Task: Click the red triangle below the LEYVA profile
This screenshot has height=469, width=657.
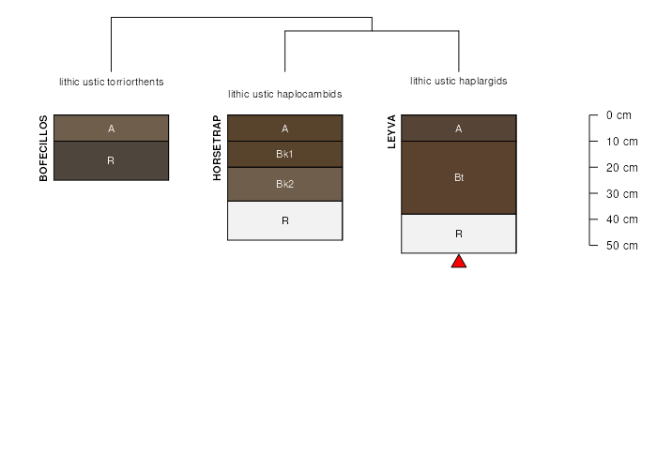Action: tap(459, 262)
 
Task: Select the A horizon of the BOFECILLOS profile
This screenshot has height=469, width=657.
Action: tap(111, 129)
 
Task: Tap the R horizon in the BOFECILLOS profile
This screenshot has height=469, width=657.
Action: tap(111, 160)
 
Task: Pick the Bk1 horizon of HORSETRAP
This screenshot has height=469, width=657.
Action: tap(285, 154)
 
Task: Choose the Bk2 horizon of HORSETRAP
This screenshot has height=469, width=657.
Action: tap(285, 184)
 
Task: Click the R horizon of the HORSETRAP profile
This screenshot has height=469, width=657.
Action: tap(285, 220)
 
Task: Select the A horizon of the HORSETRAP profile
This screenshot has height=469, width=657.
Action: tap(285, 129)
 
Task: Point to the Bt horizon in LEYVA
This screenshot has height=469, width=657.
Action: tap(459, 177)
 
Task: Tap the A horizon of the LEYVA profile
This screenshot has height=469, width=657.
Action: tap(459, 129)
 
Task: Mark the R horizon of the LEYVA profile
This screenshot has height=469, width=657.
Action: tap(459, 234)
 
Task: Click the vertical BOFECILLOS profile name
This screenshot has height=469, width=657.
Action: tap(43, 148)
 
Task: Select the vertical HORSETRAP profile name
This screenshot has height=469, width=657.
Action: tap(217, 148)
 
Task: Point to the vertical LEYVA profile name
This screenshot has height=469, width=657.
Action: tap(391, 131)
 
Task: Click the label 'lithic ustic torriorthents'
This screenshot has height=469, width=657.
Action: tap(112, 83)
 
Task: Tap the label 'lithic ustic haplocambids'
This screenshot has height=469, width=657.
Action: tap(285, 94)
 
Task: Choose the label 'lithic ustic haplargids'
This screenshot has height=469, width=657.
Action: tap(459, 81)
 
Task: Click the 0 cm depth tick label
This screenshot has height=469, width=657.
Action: tap(619, 115)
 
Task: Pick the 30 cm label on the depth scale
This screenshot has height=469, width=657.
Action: tap(621, 194)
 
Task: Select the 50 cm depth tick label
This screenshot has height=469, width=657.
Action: tap(621, 246)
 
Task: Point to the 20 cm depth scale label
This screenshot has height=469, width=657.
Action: tap(621, 168)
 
